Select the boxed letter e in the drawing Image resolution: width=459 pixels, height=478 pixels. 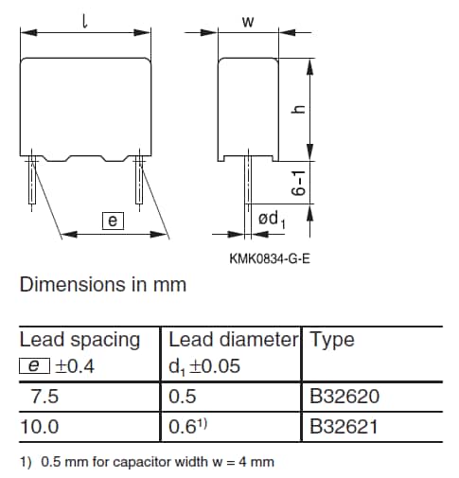113,221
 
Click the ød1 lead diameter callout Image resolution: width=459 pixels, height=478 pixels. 271,221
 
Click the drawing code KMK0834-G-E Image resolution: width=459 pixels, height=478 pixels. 270,257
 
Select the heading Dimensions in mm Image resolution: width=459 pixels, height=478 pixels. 103,284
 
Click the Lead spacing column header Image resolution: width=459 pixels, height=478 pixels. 79,340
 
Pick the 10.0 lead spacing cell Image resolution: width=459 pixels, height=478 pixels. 39,427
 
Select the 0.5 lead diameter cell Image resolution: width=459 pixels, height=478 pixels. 182,397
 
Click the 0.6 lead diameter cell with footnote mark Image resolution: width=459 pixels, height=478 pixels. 186,427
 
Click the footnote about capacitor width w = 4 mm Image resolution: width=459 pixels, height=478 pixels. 147,463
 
